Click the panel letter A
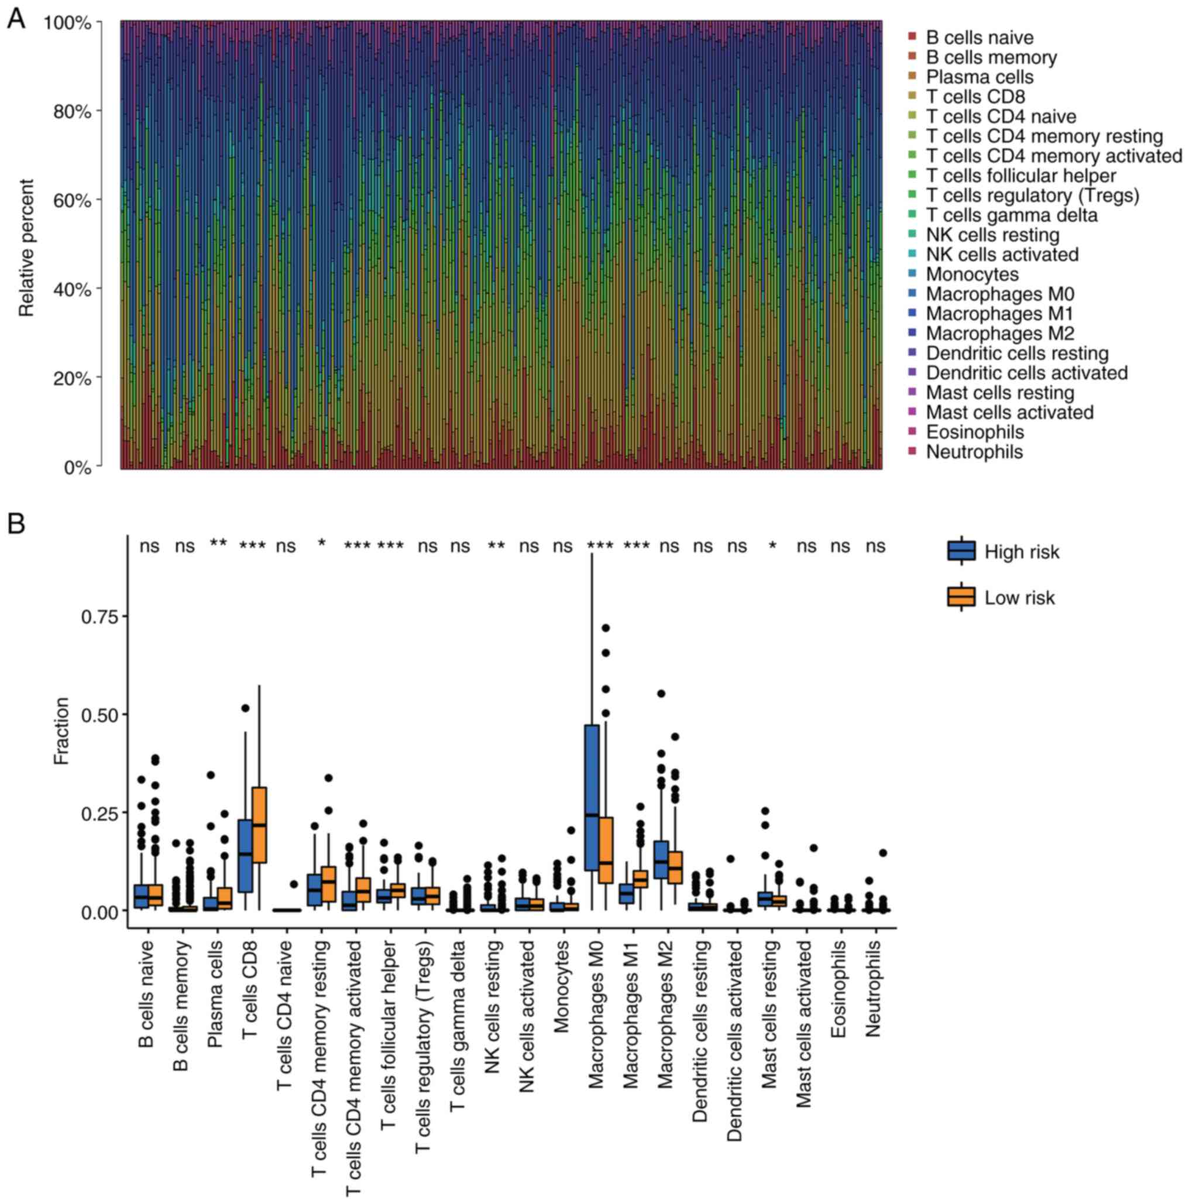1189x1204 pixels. click(x=16, y=19)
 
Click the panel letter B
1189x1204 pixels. click(x=16, y=523)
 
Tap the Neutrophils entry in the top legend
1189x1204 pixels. click(x=974, y=451)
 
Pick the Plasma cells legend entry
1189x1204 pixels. click(x=979, y=77)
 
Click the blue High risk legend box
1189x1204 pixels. click(x=961, y=551)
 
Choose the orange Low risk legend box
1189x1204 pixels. click(x=961, y=597)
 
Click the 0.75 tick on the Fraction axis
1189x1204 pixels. click(x=98, y=616)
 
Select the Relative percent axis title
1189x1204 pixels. click(x=27, y=248)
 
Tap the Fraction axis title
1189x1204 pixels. click(x=61, y=730)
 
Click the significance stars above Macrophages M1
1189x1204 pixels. click(x=637, y=546)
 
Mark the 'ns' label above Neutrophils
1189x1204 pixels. click(x=875, y=546)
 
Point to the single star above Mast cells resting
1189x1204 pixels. click(x=772, y=546)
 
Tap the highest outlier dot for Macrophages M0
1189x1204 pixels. click(x=606, y=627)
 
